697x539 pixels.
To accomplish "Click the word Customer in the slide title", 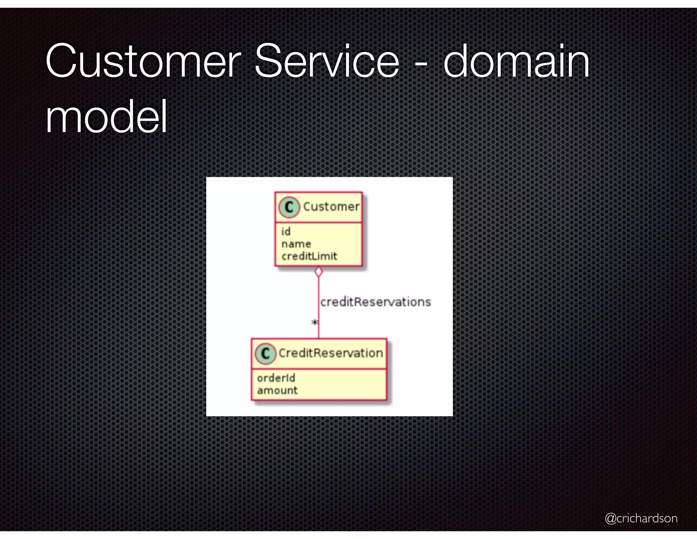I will click(x=143, y=61).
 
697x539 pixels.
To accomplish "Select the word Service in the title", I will click(x=327, y=61).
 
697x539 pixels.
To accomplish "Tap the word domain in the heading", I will click(x=516, y=61).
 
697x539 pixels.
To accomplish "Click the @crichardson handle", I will click(x=641, y=518).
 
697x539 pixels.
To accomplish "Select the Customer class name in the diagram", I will click(x=331, y=206).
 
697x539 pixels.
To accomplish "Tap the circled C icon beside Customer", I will click(x=289, y=207).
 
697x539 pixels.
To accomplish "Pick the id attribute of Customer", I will click(x=286, y=232).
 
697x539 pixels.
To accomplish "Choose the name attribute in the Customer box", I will click(x=296, y=244).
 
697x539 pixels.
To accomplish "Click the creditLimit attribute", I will click(x=309, y=256).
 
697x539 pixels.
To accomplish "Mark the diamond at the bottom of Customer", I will click(x=319, y=272).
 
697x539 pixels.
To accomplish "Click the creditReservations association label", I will click(x=375, y=302).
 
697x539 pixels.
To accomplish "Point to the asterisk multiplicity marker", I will click(x=314, y=322).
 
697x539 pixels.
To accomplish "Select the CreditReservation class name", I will click(x=331, y=353).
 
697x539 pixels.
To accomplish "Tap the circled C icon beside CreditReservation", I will click(x=265, y=353).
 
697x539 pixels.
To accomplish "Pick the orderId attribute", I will click(x=276, y=378).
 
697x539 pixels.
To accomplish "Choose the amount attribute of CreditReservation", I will click(x=277, y=390).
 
